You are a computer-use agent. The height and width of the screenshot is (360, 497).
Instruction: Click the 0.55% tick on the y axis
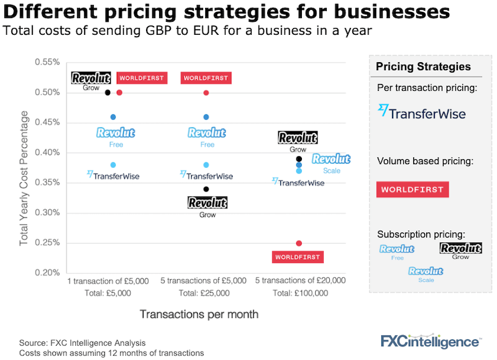click(x=47, y=62)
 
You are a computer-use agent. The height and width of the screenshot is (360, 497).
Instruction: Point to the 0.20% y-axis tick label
click(x=47, y=272)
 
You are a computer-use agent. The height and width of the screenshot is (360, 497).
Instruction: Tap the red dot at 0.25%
click(x=299, y=243)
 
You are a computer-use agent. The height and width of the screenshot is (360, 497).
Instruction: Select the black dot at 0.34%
click(x=206, y=189)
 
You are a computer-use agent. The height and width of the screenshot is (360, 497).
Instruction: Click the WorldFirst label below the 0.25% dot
click(x=299, y=257)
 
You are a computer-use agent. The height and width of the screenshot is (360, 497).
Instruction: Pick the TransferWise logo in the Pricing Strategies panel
click(x=422, y=112)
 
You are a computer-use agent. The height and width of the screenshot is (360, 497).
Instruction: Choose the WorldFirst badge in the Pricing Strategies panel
click(x=413, y=189)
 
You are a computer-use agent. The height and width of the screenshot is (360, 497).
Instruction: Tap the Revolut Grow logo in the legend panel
click(x=460, y=249)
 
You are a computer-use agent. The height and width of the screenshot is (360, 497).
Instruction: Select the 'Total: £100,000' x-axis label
click(x=300, y=293)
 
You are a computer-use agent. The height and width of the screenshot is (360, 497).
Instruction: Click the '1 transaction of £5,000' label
click(x=108, y=281)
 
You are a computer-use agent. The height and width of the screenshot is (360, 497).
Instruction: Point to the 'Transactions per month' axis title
click(x=199, y=314)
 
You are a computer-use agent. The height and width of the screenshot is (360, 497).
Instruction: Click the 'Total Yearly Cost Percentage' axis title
click(x=24, y=178)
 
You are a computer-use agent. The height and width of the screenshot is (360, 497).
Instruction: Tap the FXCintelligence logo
click(x=430, y=341)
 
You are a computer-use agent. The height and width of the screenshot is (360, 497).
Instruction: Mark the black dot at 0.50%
click(x=107, y=93)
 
